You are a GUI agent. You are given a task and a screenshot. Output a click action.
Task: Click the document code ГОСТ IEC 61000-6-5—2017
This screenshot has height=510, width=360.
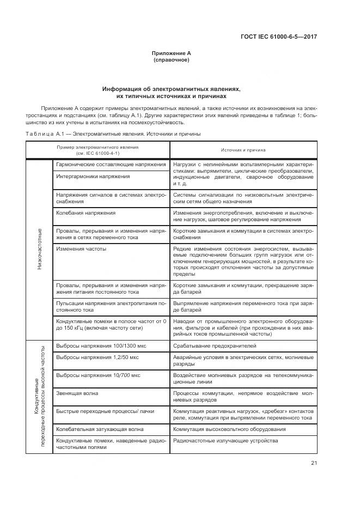279,37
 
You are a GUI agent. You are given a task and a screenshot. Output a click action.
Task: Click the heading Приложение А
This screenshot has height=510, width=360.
172,53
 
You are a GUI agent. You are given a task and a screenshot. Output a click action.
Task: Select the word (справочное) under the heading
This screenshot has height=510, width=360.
172,59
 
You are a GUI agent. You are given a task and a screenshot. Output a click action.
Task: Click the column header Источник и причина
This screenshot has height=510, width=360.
243,149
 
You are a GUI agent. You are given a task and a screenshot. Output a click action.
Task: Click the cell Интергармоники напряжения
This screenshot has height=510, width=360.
93,177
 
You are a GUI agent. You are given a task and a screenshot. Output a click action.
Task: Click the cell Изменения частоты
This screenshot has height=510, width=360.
81,248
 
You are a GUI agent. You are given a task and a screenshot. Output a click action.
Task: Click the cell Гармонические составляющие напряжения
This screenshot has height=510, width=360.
111,165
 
